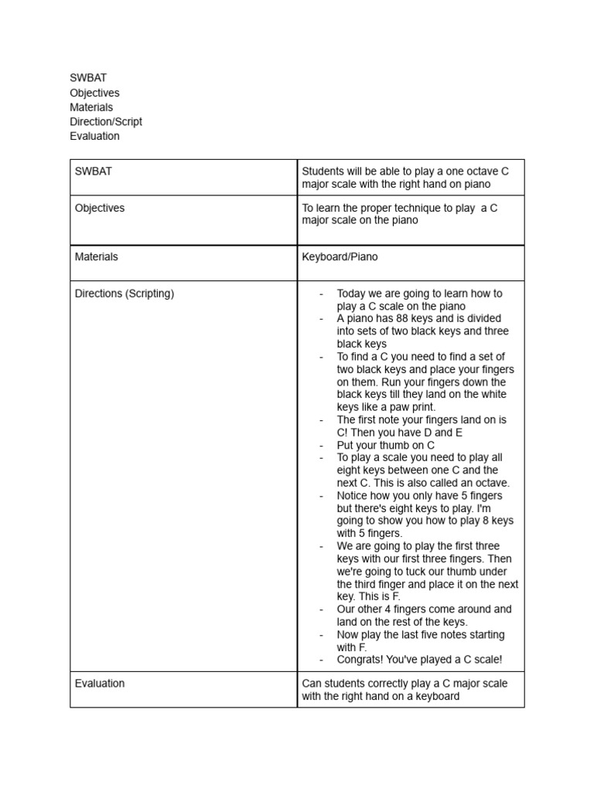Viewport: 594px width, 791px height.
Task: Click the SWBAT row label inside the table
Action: click(x=93, y=171)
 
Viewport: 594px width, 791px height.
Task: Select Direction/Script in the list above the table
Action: click(x=106, y=121)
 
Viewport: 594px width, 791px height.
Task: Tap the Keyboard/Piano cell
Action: click(x=340, y=256)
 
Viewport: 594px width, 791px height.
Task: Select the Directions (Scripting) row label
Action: click(x=125, y=294)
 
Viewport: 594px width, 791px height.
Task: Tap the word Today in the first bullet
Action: click(x=352, y=294)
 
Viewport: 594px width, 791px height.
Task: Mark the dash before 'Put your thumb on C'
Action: click(x=321, y=446)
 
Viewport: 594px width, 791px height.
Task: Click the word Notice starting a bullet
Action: click(x=353, y=496)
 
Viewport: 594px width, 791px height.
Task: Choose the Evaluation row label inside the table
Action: click(x=100, y=684)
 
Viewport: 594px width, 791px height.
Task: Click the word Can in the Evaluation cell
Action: click(x=311, y=684)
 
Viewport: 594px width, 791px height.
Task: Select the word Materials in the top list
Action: click(x=91, y=107)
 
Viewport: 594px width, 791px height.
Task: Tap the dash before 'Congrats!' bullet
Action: click(x=321, y=660)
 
